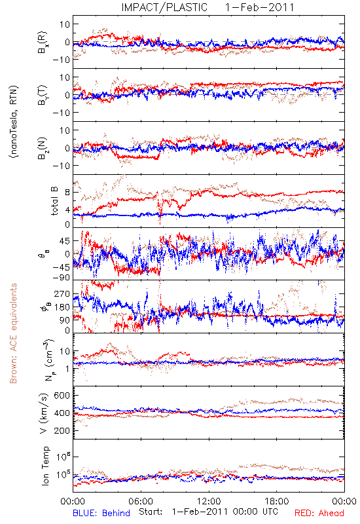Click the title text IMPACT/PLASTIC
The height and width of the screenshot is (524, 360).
pyautogui.click(x=164, y=7)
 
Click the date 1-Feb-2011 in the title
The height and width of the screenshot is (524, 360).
pyautogui.click(x=259, y=7)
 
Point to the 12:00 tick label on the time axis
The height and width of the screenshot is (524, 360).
pyautogui.click(x=209, y=501)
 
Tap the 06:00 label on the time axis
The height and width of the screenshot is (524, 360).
pyautogui.click(x=141, y=501)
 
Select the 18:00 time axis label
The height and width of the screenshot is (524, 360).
pyautogui.click(x=277, y=501)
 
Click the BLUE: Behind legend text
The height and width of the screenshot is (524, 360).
pyautogui.click(x=101, y=513)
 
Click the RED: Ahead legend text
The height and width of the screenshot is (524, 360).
pyautogui.click(x=319, y=513)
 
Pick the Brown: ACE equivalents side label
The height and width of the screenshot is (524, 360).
pyautogui.click(x=13, y=333)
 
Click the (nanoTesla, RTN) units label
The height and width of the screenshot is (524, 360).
pyautogui.click(x=14, y=122)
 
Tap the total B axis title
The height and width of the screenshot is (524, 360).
pyautogui.click(x=54, y=201)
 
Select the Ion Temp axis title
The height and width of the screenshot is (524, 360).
pyautogui.click(x=45, y=466)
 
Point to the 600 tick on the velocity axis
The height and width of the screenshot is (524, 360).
pyautogui.click(x=62, y=396)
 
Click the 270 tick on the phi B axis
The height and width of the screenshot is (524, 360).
pyautogui.click(x=62, y=293)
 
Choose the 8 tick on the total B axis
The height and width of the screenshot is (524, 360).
pyautogui.click(x=67, y=192)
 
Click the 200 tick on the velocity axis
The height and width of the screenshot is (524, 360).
pyautogui.click(x=62, y=430)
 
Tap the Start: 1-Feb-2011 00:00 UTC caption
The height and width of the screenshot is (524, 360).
pyautogui.click(x=208, y=512)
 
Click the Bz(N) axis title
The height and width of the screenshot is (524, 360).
pyautogui.click(x=43, y=148)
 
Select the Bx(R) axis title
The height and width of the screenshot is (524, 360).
pyautogui.click(x=43, y=43)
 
